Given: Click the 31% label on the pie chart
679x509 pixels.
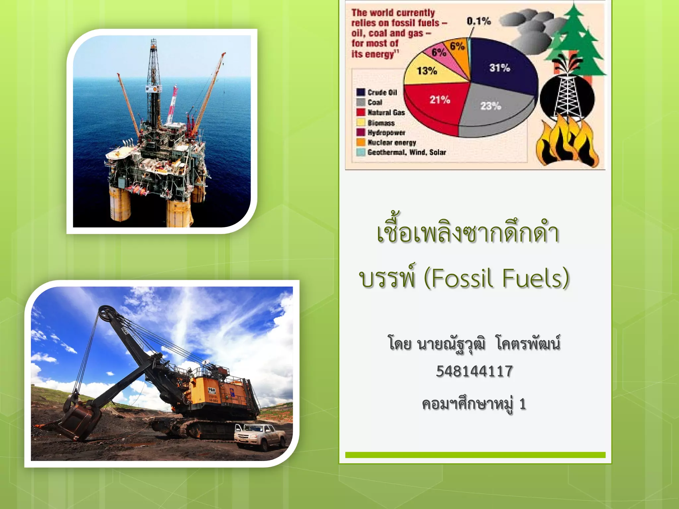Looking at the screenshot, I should [x=499, y=68].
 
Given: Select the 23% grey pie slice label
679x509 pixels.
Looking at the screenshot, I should [x=490, y=106].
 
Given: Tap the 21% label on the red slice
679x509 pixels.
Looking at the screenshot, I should [x=440, y=99].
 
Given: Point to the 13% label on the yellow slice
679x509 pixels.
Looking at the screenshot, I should [x=427, y=71].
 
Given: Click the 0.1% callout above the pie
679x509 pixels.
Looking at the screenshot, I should [x=478, y=21].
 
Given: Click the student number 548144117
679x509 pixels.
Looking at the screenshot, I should [x=474, y=371].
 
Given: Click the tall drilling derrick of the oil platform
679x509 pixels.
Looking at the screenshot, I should [x=153, y=83].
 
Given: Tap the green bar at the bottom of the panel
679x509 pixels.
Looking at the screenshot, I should [x=475, y=455].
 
